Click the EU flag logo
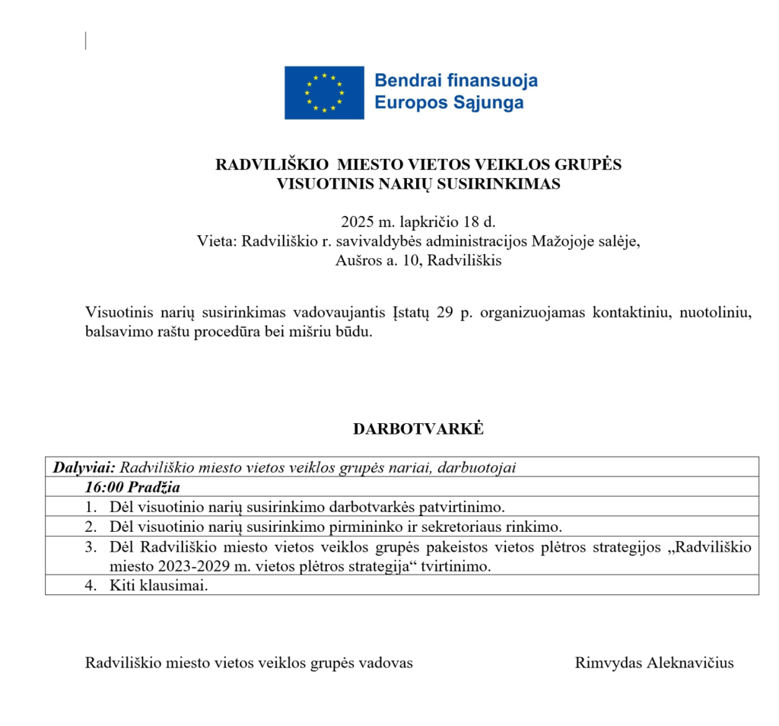(x=323, y=93)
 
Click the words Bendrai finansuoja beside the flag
(x=456, y=81)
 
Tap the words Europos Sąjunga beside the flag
(x=450, y=103)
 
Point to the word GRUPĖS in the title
(x=590, y=164)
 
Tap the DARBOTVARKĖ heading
(x=418, y=428)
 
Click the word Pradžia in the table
(x=154, y=487)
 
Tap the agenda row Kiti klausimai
(x=157, y=585)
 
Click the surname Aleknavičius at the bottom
(x=690, y=663)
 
